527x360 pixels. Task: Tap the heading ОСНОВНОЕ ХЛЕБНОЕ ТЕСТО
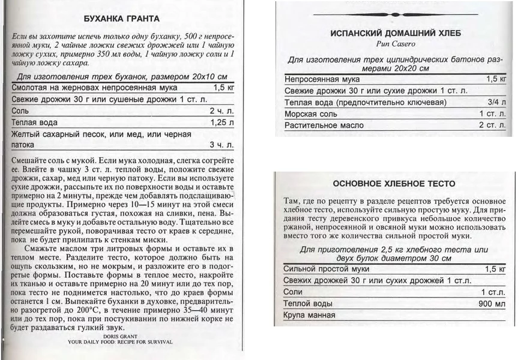pyautogui.click(x=394, y=184)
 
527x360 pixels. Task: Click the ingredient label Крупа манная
pyautogui.click(x=309, y=315)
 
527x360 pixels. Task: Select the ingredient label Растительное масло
pyautogui.click(x=324, y=125)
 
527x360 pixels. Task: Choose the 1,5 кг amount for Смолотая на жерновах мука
pyautogui.click(x=223, y=88)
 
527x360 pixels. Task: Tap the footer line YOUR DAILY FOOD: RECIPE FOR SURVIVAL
pyautogui.click(x=120, y=342)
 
